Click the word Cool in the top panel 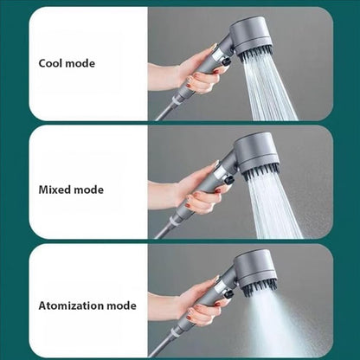(50, 64)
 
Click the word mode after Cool (80, 64)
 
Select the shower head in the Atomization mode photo (254, 267)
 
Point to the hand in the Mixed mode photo (196, 196)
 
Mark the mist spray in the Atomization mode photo (277, 325)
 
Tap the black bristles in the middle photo (260, 170)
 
